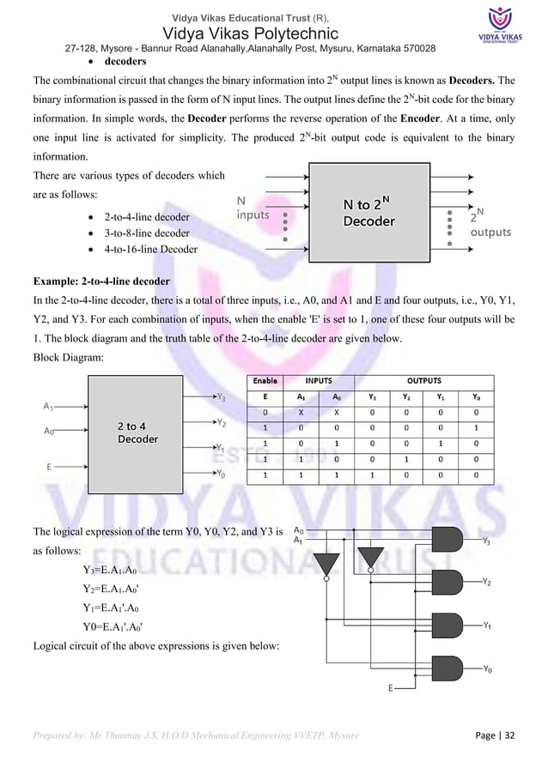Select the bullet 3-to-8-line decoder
tap(146, 233)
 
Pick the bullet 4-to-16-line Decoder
tap(149, 249)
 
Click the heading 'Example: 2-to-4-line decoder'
tap(101, 281)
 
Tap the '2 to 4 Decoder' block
tap(137, 432)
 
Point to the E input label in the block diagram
tap(49, 467)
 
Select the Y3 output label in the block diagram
tap(221, 396)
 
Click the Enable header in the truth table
tap(265, 380)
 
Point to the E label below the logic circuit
tap(392, 688)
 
